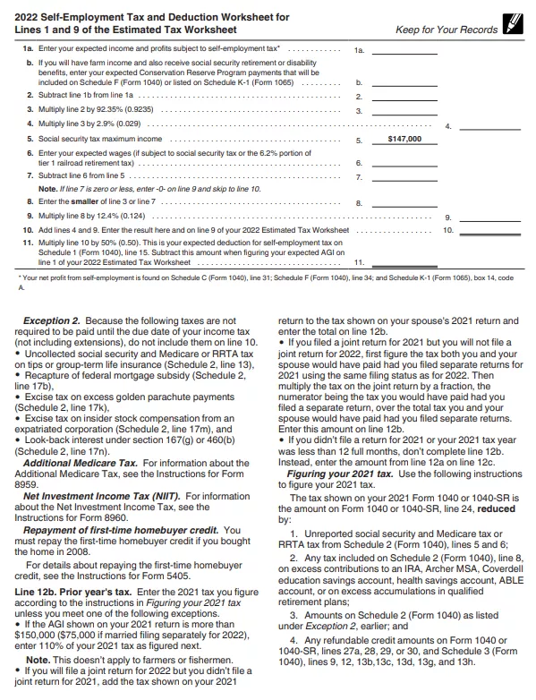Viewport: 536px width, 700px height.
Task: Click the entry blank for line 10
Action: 489,230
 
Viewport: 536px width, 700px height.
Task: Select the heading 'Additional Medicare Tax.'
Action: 71,436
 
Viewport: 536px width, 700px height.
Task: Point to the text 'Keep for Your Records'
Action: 446,30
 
